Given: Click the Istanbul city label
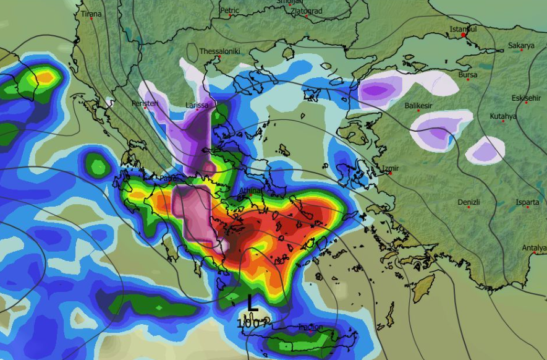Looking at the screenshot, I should [x=463, y=29].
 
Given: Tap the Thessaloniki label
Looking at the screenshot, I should [x=219, y=51].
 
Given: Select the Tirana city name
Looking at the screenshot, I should [x=91, y=14].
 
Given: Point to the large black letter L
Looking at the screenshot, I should [x=252, y=303].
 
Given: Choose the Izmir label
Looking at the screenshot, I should [x=391, y=168].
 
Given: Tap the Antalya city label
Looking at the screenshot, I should [x=534, y=248].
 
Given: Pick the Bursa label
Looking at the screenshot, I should [x=468, y=75].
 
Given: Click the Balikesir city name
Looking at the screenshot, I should [x=418, y=106].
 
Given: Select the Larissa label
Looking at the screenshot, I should [x=197, y=105].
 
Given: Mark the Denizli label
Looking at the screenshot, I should [x=469, y=202].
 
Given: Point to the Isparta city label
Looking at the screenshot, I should [x=528, y=202].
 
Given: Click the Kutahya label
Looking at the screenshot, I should [x=503, y=116].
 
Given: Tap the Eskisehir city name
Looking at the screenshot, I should [x=526, y=98].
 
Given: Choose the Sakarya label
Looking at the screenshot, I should [x=520, y=45].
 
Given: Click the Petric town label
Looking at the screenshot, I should [x=229, y=10].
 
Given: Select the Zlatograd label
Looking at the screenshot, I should [x=307, y=11].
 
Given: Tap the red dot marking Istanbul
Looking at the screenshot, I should [x=463, y=35].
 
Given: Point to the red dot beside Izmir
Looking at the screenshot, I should [x=391, y=173].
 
